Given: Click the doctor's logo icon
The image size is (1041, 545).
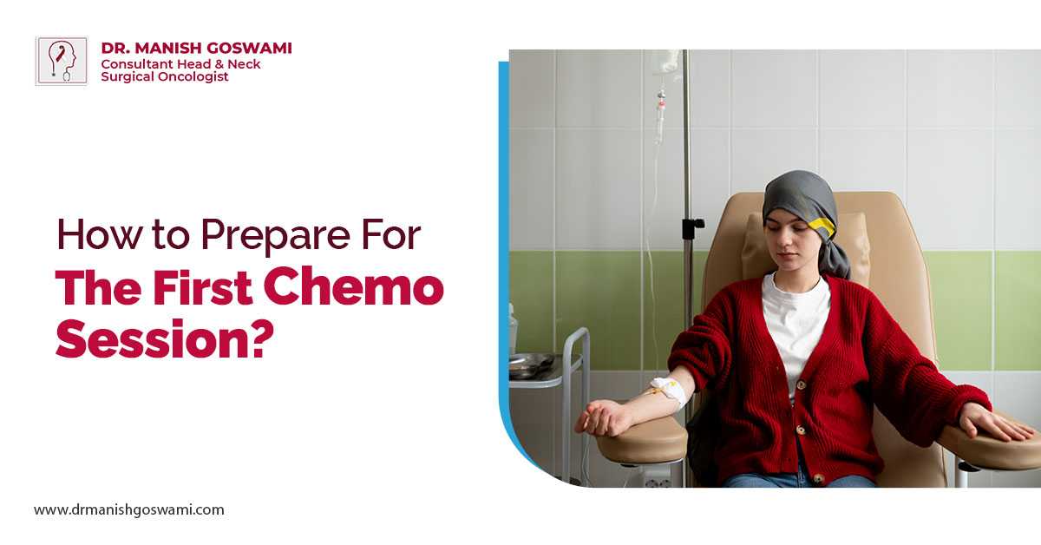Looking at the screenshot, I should (x=62, y=61).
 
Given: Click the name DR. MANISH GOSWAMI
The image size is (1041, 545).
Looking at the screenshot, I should (x=196, y=48).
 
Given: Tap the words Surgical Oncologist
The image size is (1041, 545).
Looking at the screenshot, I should (x=165, y=76).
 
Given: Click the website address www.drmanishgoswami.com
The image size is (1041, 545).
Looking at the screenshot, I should (x=128, y=509).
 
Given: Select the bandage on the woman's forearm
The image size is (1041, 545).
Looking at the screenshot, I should (x=668, y=391).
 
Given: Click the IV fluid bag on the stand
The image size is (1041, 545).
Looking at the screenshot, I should (x=666, y=62).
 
